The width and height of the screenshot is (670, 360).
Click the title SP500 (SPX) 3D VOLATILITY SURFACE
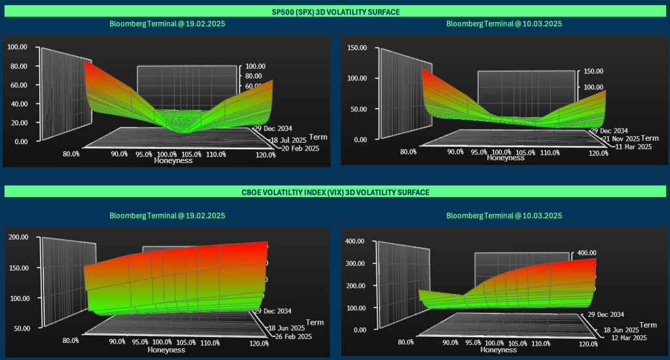point(335,11)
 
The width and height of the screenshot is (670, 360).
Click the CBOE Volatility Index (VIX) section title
point(335,192)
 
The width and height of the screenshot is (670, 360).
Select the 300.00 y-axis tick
point(354,263)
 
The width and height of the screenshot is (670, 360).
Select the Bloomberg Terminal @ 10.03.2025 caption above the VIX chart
point(504,215)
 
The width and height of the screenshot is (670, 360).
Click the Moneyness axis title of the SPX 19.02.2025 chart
point(174,160)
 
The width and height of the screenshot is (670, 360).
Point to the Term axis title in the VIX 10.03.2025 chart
point(648,325)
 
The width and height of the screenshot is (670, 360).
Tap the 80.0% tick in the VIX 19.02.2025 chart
point(71,340)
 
